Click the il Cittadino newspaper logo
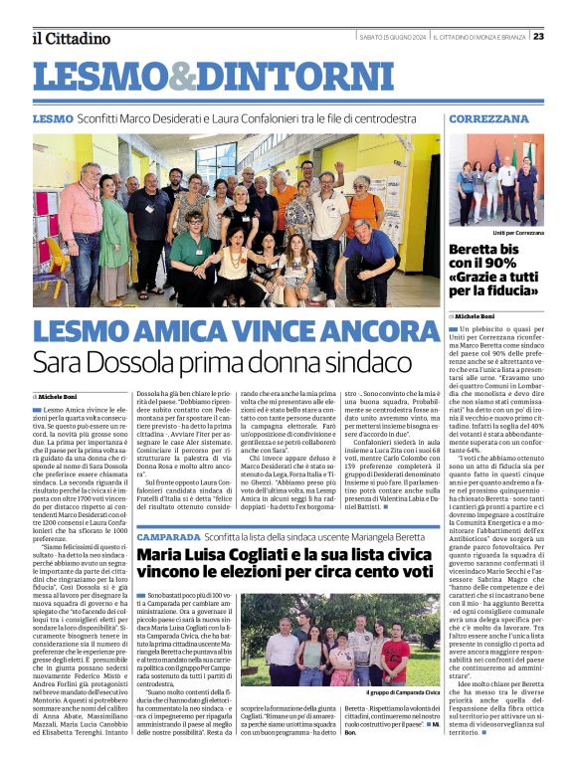click(71, 38)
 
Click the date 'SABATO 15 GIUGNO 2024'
click(392, 37)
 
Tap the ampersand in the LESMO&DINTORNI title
click(169, 77)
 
